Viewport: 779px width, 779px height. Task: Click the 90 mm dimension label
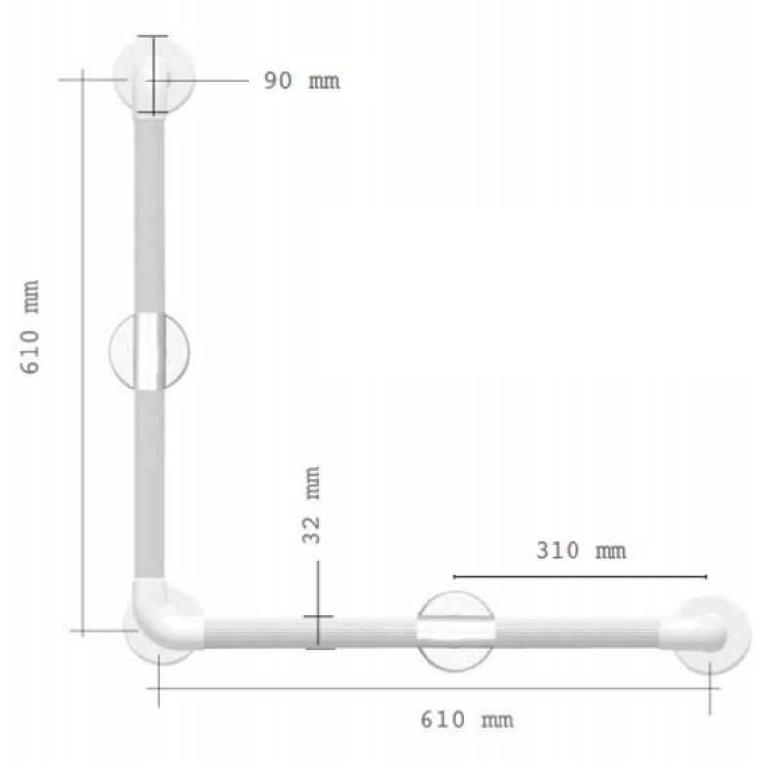point(302,81)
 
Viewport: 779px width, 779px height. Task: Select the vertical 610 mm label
point(30,327)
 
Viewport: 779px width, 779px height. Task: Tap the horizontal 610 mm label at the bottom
point(467,720)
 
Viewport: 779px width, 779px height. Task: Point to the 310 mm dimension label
point(581,550)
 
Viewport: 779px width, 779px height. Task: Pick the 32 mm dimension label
point(312,505)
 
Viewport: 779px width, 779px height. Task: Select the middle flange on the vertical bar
point(149,352)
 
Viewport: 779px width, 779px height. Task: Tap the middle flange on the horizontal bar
point(455,631)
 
